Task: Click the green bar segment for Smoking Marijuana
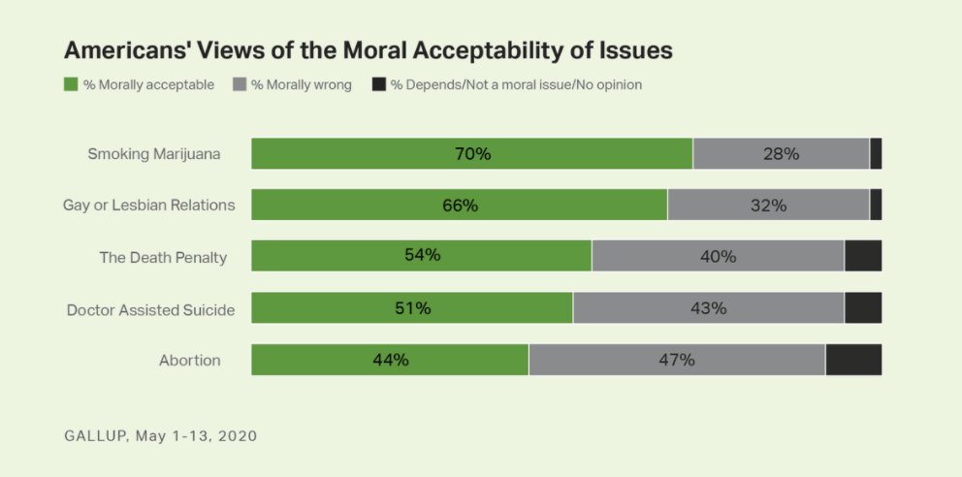[472, 154]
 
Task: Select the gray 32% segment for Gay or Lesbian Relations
[768, 206]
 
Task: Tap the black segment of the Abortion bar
[853, 360]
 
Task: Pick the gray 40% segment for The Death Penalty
[718, 256]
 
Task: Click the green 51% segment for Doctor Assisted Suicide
[412, 308]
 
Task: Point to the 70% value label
[473, 154]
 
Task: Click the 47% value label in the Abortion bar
[677, 360]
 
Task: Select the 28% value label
[781, 154]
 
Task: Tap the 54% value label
[423, 256]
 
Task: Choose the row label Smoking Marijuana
[154, 154]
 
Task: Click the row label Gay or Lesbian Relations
[148, 206]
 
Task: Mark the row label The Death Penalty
[163, 257]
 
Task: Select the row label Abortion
[190, 361]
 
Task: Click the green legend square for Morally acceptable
[71, 84]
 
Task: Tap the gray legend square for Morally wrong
[240, 84]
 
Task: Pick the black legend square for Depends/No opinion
[379, 84]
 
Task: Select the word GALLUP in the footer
[95, 436]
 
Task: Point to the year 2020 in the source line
[237, 436]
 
